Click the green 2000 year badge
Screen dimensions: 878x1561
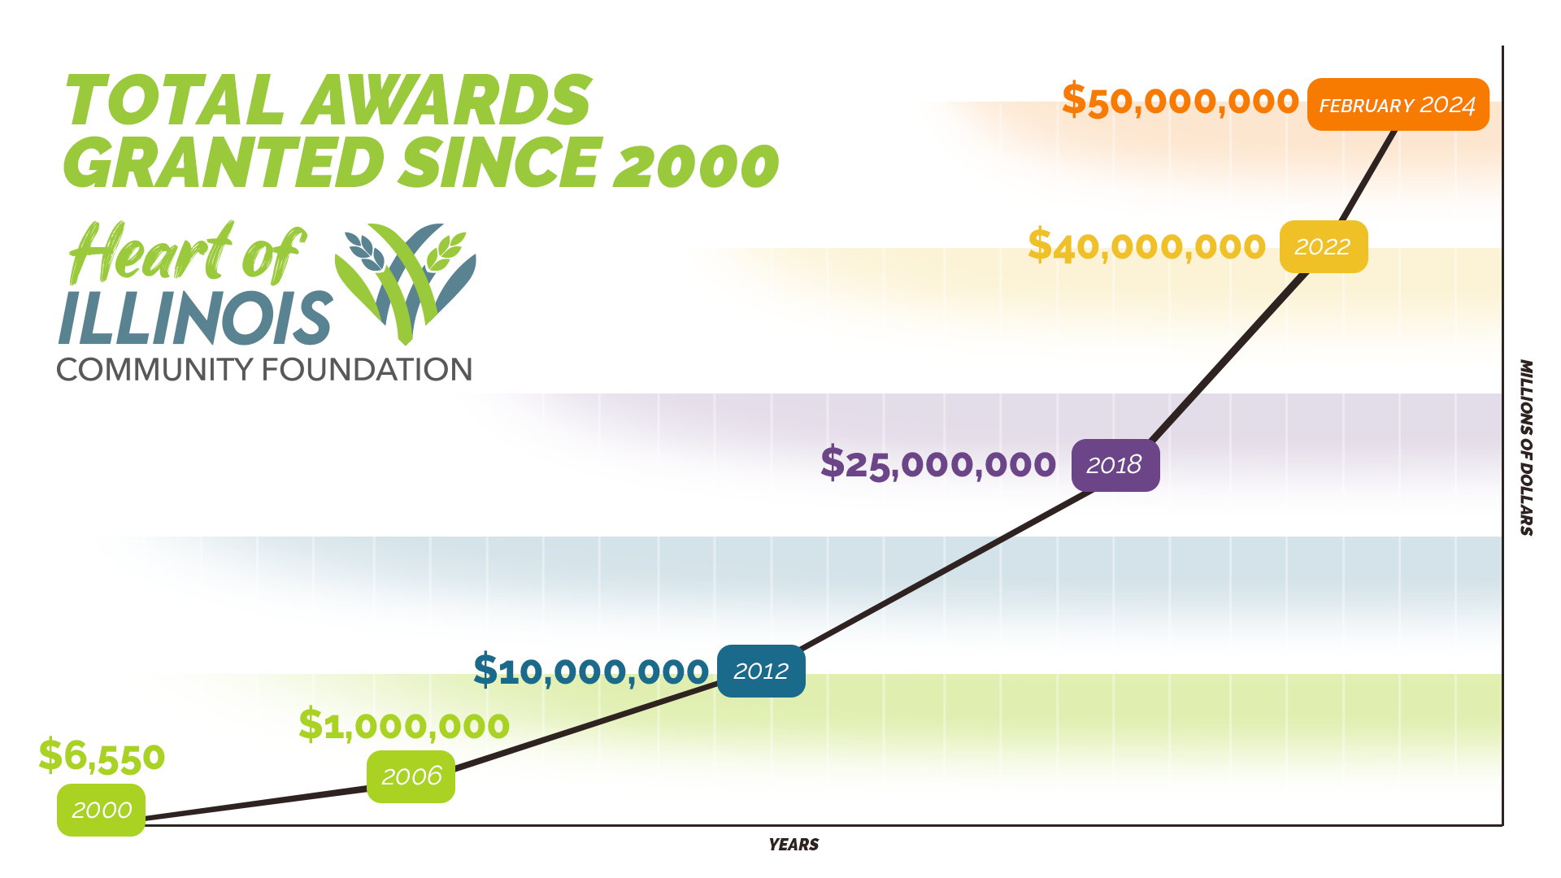pyautogui.click(x=101, y=810)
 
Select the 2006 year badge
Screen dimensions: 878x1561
pyautogui.click(x=411, y=776)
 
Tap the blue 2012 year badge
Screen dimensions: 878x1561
pyautogui.click(x=761, y=671)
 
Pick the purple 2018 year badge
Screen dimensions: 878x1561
pyautogui.click(x=1115, y=465)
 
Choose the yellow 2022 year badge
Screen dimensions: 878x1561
pyautogui.click(x=1323, y=246)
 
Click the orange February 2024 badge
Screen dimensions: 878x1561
pyautogui.click(x=1398, y=105)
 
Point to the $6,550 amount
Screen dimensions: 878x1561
pyautogui.click(x=102, y=756)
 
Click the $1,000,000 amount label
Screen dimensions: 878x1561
pyautogui.click(x=404, y=725)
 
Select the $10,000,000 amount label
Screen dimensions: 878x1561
pyautogui.click(x=591, y=671)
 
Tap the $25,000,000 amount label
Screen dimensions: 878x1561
pyautogui.click(x=938, y=464)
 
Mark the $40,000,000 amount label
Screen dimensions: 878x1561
pyautogui.click(x=1146, y=246)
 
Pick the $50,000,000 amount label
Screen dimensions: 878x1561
pyautogui.click(x=1180, y=101)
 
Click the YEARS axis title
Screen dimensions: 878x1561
pyautogui.click(x=794, y=845)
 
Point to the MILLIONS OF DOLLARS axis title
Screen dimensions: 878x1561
pyautogui.click(x=1526, y=447)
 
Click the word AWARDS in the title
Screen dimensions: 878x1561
pyautogui.click(x=447, y=101)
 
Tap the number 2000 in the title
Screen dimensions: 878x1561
pyautogui.click(x=695, y=163)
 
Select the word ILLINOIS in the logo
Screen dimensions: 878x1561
pyautogui.click(x=195, y=318)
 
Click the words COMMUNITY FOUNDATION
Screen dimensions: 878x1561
pyautogui.click(x=264, y=370)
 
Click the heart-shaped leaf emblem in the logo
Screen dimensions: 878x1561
pyautogui.click(x=406, y=280)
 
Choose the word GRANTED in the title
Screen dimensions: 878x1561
pyautogui.click(x=224, y=163)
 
